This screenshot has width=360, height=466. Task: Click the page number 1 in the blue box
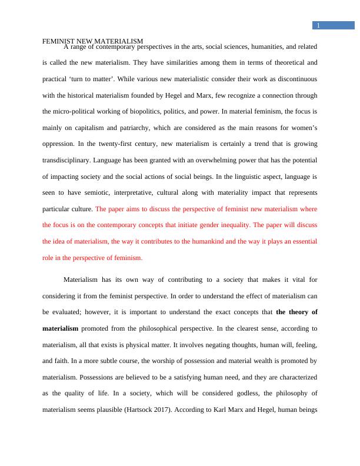click(318, 25)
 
